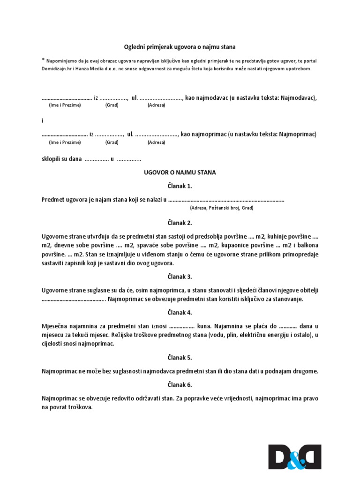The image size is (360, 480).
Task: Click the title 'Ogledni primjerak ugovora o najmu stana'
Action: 180,47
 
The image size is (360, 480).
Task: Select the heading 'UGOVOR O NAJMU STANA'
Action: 180,172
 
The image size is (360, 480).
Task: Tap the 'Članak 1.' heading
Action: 180,186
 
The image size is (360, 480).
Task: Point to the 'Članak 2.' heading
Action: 180,223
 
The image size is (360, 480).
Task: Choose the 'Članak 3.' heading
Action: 180,277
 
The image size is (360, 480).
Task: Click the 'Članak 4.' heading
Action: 180,312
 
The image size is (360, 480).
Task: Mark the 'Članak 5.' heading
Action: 180,358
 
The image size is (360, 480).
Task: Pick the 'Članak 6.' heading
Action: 180,385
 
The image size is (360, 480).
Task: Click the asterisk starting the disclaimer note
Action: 43,60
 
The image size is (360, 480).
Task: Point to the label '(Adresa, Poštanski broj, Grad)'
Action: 222,207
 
